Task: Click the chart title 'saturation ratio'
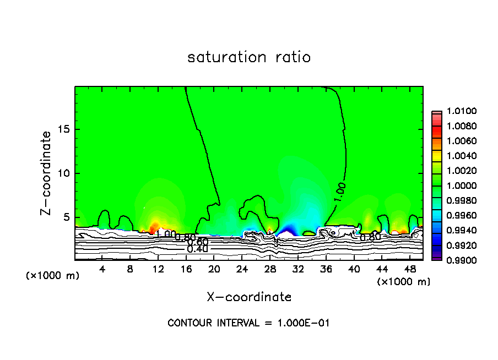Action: pyautogui.click(x=249, y=57)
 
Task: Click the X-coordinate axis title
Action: pyautogui.click(x=249, y=297)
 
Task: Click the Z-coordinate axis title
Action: pyautogui.click(x=46, y=173)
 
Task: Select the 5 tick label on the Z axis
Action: pyautogui.click(x=67, y=217)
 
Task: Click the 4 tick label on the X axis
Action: pyautogui.click(x=102, y=269)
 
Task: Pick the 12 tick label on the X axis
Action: pyautogui.click(x=158, y=269)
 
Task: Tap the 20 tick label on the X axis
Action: pyautogui.click(x=214, y=269)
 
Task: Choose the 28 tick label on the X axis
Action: pyautogui.click(x=270, y=269)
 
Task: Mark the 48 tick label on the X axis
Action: pyautogui.click(x=410, y=269)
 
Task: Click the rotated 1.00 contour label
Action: pyautogui.click(x=340, y=193)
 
